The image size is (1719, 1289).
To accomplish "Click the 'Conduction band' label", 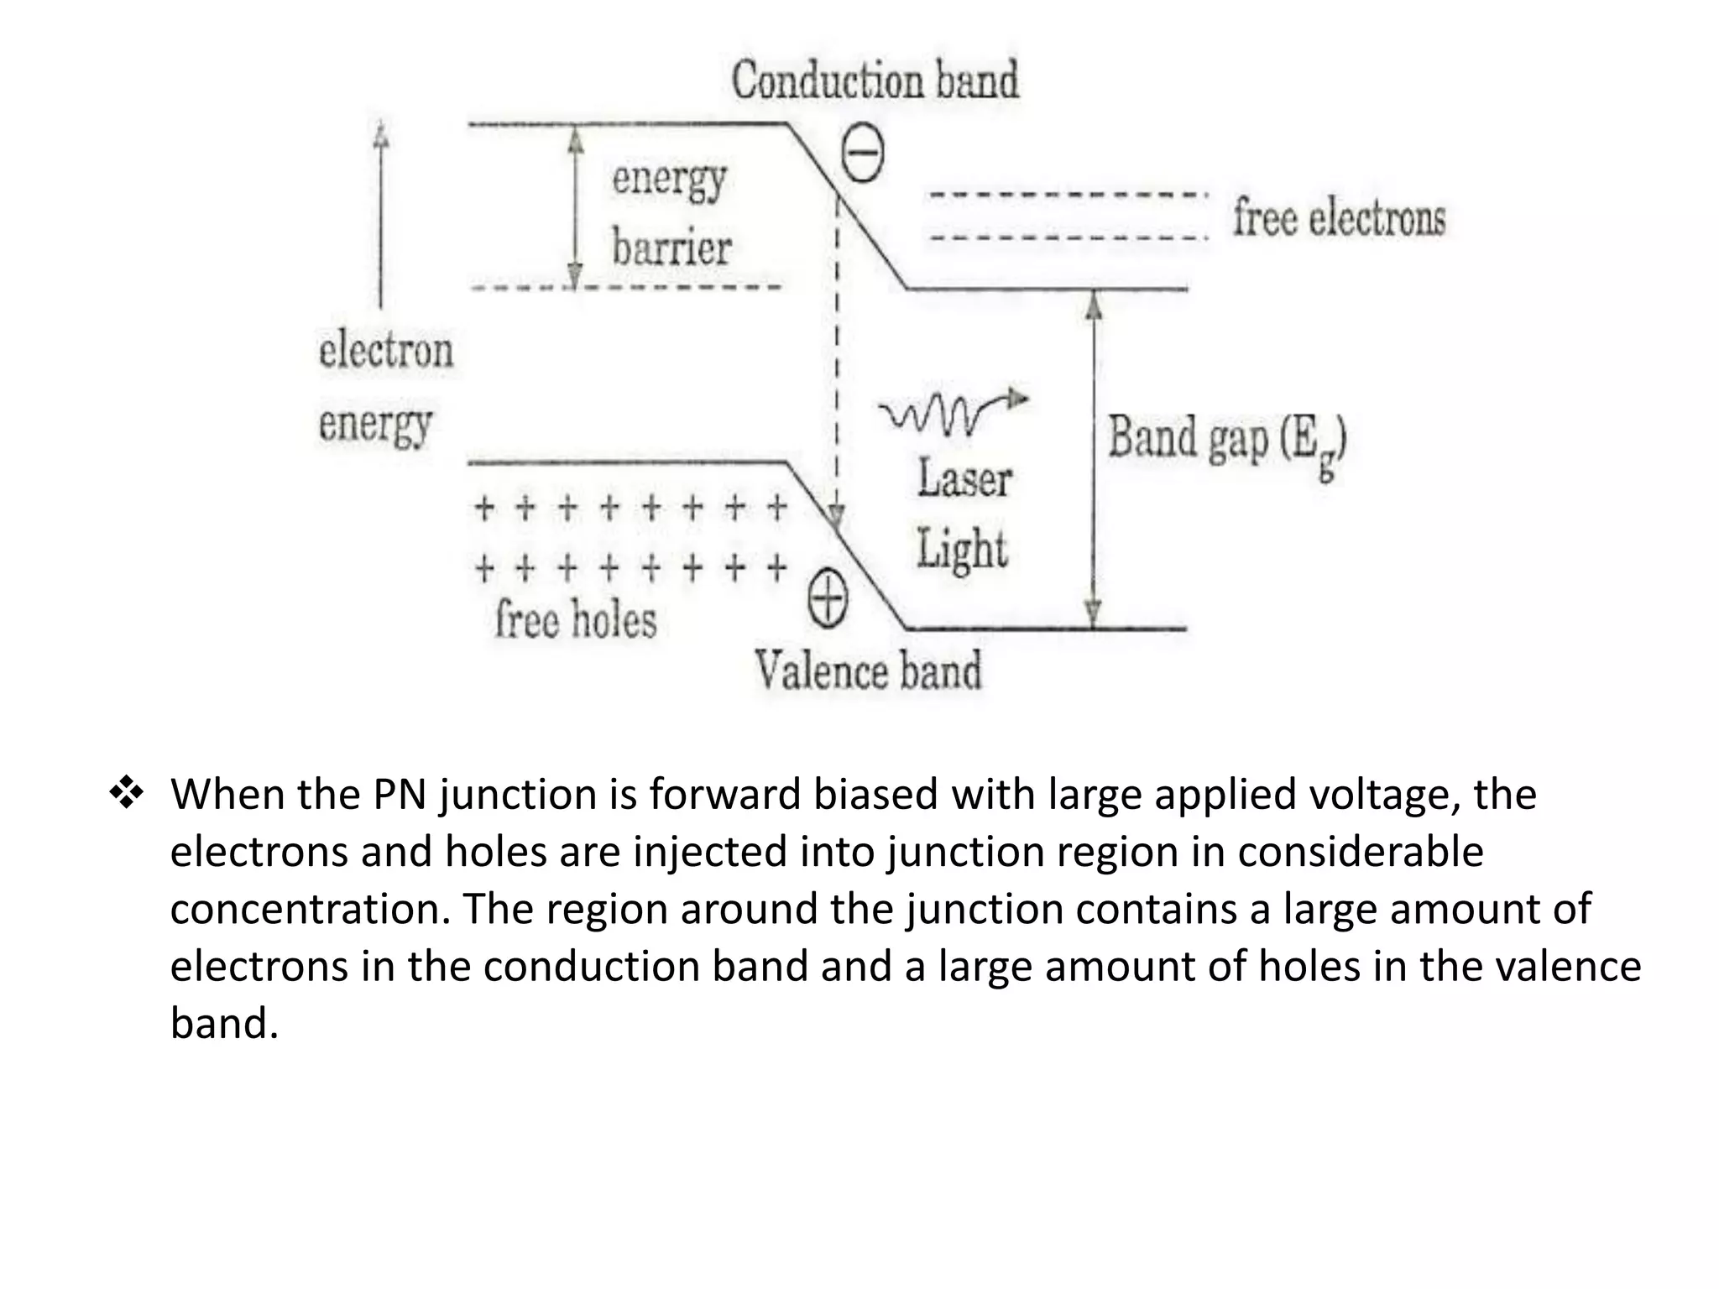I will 875,81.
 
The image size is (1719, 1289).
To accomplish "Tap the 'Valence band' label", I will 868,671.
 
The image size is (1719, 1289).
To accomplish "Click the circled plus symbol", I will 828,602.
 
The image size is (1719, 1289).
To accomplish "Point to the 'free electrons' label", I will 1339,218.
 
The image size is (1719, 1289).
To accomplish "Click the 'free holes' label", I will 575,621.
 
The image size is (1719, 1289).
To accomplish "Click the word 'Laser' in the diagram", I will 964,479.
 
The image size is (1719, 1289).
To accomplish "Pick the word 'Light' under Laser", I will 961,551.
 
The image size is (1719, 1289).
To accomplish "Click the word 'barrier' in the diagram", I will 671,249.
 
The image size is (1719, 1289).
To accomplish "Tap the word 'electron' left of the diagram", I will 385,350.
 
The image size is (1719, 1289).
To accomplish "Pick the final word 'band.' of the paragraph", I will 223,1024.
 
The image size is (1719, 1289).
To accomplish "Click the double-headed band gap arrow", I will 1093,460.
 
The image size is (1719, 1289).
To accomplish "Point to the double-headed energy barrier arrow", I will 575,206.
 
